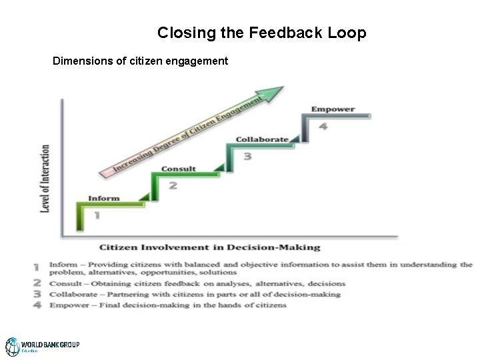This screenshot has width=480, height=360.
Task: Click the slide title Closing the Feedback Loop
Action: [x=261, y=33]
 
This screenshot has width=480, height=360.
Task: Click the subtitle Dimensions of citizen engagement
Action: [x=140, y=61]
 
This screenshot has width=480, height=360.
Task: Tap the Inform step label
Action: [x=104, y=198]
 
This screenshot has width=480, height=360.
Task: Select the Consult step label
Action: [x=179, y=169]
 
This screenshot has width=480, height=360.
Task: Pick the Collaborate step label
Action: [x=262, y=139]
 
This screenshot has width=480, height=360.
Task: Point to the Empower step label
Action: [x=333, y=109]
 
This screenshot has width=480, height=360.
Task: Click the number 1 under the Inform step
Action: [x=97, y=215]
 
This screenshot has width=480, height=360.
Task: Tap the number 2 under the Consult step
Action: [x=173, y=185]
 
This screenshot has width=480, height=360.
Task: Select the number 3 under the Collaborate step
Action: [x=247, y=156]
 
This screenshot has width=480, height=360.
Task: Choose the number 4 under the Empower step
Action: [x=323, y=127]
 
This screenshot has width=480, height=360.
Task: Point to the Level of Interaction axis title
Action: [x=46, y=179]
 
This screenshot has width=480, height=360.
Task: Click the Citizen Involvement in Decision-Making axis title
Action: [x=210, y=247]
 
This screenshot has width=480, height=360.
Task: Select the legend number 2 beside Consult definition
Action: [x=37, y=284]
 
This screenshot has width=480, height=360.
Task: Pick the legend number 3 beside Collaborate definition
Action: [x=37, y=294]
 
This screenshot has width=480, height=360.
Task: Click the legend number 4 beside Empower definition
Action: [x=37, y=305]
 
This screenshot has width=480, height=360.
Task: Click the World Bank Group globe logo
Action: [x=13, y=347]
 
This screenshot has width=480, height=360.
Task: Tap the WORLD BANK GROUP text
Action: [x=50, y=345]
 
